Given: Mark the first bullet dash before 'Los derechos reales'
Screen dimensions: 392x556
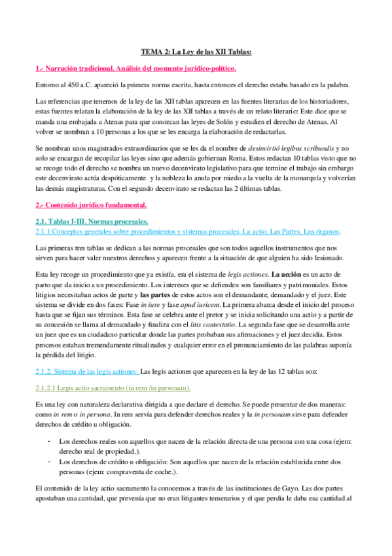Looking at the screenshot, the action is [50, 442].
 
